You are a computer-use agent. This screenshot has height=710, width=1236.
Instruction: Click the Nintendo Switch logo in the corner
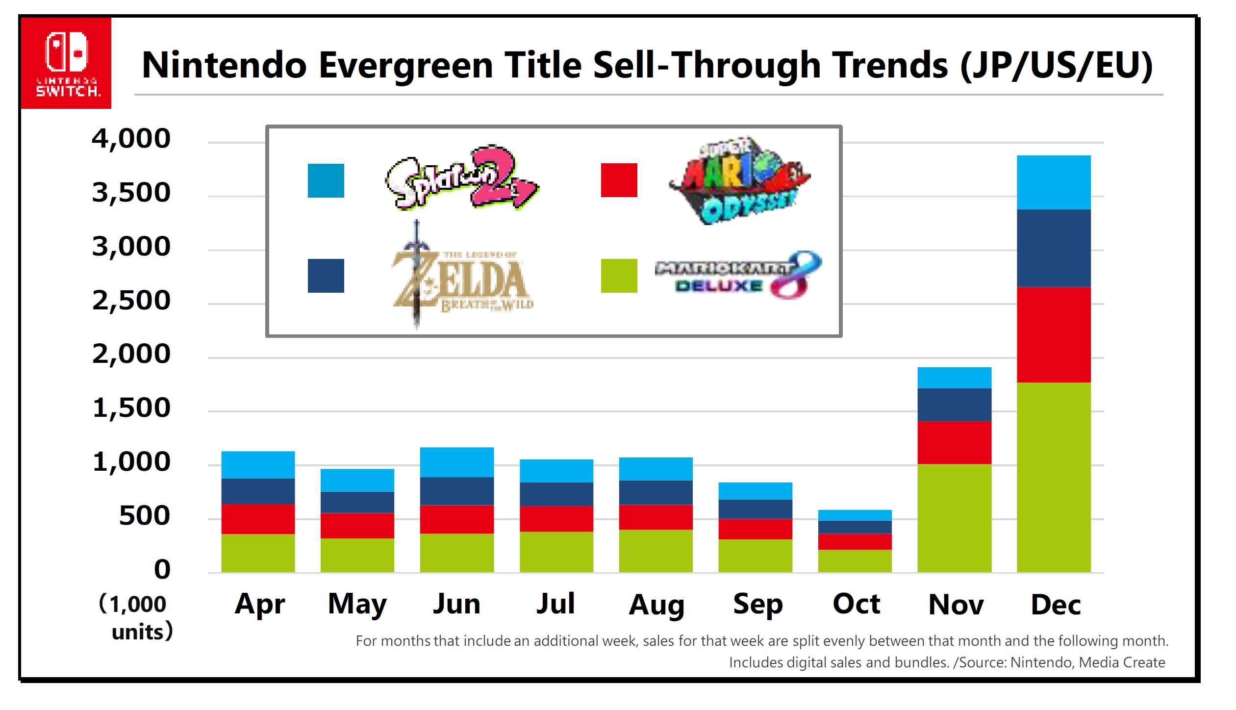66,63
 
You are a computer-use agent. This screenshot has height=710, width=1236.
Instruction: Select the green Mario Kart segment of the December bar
1053,477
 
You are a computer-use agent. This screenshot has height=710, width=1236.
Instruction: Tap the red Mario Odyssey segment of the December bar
1053,334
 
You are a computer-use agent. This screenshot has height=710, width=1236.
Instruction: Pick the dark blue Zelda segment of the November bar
954,405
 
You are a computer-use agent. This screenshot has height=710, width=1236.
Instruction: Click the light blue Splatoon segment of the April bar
258,464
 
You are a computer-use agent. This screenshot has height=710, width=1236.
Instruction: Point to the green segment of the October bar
855,560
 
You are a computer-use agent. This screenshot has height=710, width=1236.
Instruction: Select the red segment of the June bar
456,519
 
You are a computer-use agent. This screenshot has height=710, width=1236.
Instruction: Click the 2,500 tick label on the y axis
131,300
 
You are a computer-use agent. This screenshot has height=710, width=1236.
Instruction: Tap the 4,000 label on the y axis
131,138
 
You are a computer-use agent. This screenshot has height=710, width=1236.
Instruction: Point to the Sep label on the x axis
757,604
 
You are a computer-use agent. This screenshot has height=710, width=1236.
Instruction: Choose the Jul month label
555,604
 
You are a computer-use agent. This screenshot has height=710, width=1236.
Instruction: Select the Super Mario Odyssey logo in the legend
739,180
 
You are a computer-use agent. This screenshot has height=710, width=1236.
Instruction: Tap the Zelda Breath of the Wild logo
461,277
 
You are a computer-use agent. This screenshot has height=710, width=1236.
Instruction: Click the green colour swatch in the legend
619,276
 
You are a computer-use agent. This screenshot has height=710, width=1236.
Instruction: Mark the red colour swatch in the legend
619,180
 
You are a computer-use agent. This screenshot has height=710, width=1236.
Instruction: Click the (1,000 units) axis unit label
136,617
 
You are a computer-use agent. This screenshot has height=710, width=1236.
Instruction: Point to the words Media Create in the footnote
1122,662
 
